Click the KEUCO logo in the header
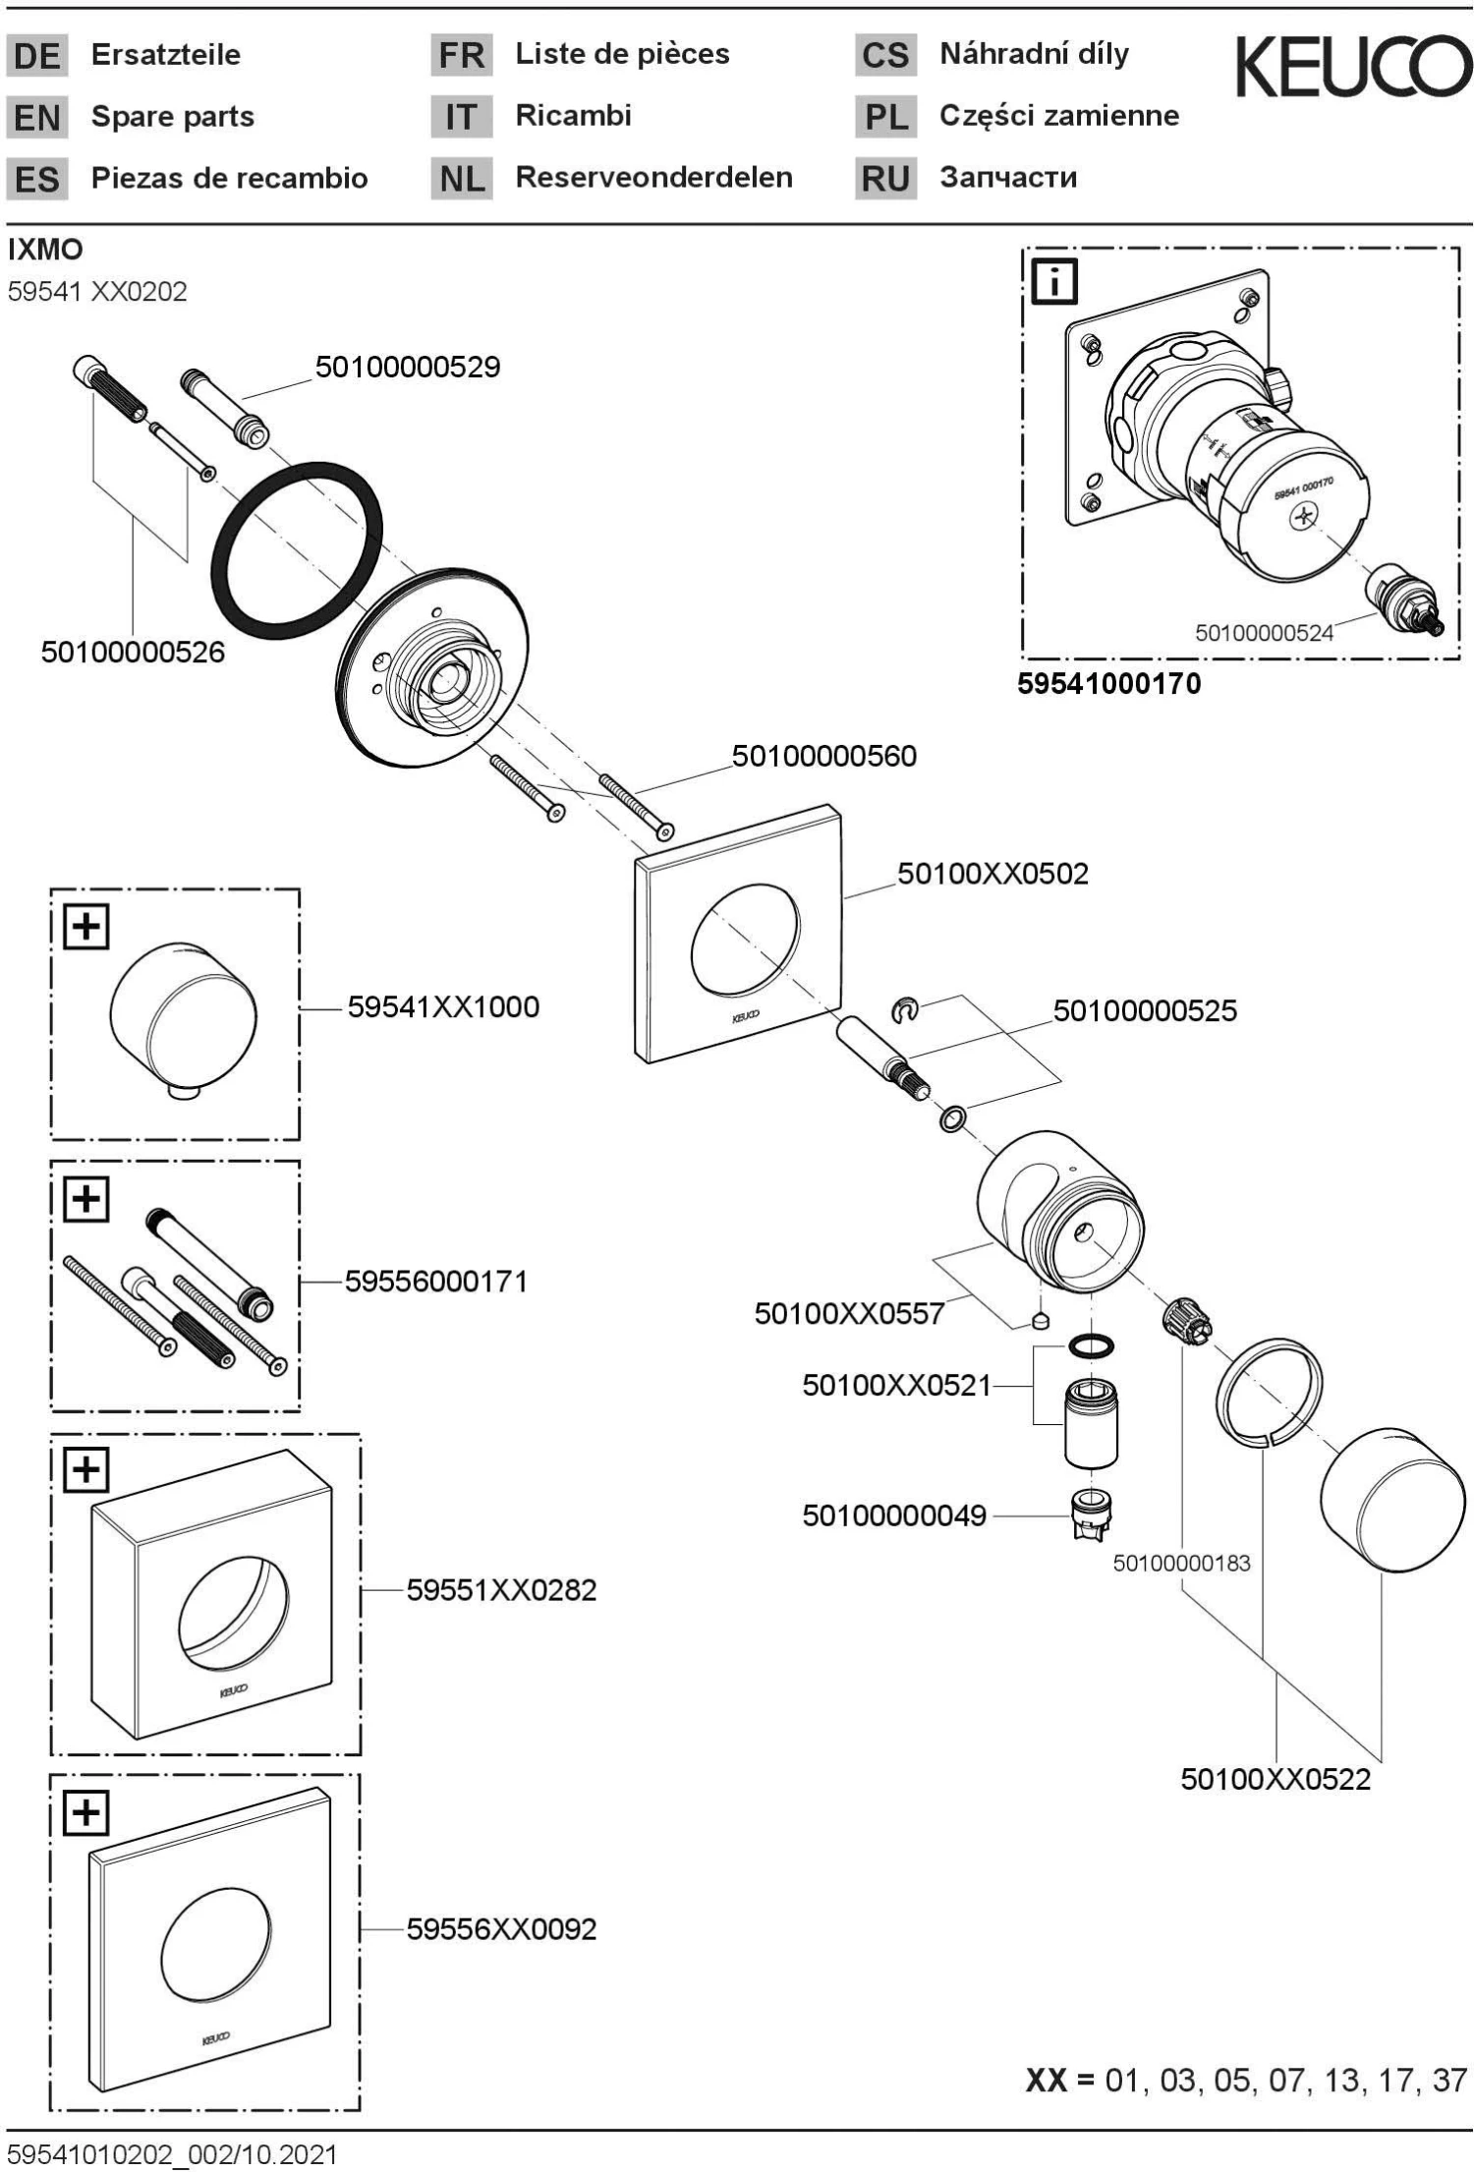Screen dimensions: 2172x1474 (x=1353, y=67)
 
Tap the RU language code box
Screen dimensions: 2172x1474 (x=885, y=179)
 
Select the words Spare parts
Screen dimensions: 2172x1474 (x=172, y=117)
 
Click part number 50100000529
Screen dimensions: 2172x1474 (x=407, y=368)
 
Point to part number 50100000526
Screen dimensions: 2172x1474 (x=133, y=652)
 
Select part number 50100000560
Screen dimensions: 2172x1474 (x=823, y=756)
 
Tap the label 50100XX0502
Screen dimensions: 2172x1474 (x=992, y=874)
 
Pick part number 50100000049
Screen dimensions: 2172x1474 (x=893, y=1515)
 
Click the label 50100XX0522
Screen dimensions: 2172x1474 (x=1275, y=1779)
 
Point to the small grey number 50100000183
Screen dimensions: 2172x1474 (x=1181, y=1563)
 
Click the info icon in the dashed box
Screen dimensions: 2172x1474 (x=1055, y=282)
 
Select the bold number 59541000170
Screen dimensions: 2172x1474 (x=1108, y=684)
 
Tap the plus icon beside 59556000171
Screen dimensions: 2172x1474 (x=86, y=1199)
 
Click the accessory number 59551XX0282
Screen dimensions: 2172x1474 (x=501, y=1590)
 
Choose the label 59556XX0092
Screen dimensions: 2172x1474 (x=501, y=1929)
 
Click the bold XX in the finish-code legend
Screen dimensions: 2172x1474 (x=1048, y=2081)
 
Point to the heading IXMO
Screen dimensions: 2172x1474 (x=45, y=250)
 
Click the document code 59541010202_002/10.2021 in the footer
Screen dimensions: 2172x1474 (x=172, y=2155)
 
